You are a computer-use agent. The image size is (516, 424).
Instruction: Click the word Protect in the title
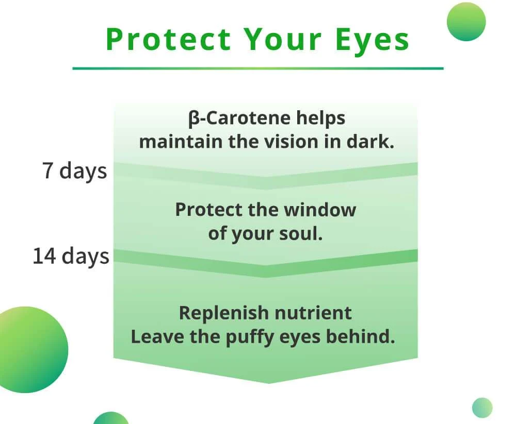pyautogui.click(x=168, y=39)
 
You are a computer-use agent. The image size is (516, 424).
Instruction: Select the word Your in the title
pyautogui.click(x=283, y=40)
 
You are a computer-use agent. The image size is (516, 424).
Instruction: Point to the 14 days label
pyautogui.click(x=71, y=257)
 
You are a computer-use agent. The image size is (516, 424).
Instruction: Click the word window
pyautogui.click(x=320, y=210)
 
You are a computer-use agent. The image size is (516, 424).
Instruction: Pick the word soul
pyautogui.click(x=301, y=234)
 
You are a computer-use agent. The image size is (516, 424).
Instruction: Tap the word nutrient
pyautogui.click(x=313, y=313)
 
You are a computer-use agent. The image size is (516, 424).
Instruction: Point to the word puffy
pyautogui.click(x=249, y=337)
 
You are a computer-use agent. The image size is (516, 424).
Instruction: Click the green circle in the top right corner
pyautogui.click(x=466, y=22)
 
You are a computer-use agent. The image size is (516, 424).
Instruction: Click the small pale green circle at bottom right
pyautogui.click(x=482, y=408)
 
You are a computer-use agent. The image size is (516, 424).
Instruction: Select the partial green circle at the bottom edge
pyautogui.click(x=111, y=418)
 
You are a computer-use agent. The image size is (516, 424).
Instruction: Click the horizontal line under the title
pyautogui.click(x=258, y=69)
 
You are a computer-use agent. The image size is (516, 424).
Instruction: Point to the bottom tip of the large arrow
pyautogui.click(x=268, y=383)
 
